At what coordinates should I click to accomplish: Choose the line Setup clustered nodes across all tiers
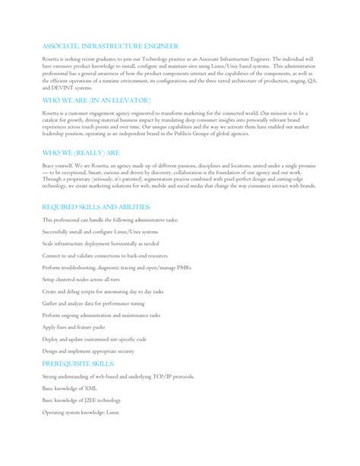pos(88,281)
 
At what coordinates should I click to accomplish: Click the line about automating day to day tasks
pos(103,293)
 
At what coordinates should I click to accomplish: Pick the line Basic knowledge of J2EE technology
pos(81,400)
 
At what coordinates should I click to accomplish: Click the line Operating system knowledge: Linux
pos(83,411)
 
